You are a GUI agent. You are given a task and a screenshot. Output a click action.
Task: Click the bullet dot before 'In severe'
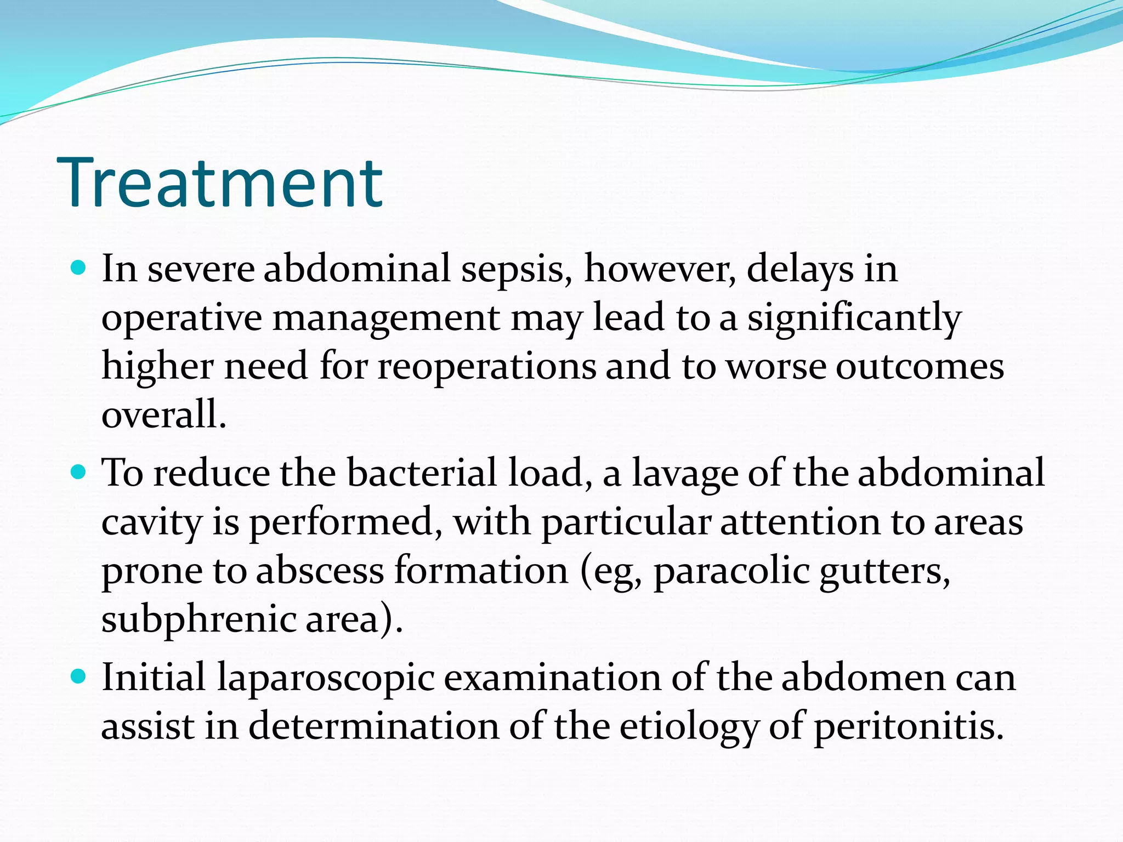79,268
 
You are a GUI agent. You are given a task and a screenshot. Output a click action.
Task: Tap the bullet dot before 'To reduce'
79,471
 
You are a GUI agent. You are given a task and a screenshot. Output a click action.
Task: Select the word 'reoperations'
486,366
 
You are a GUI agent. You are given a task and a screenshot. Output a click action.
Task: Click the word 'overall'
163,414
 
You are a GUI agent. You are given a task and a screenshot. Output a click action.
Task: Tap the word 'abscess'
320,571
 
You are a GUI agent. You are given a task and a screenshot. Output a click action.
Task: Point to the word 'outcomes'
920,366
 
